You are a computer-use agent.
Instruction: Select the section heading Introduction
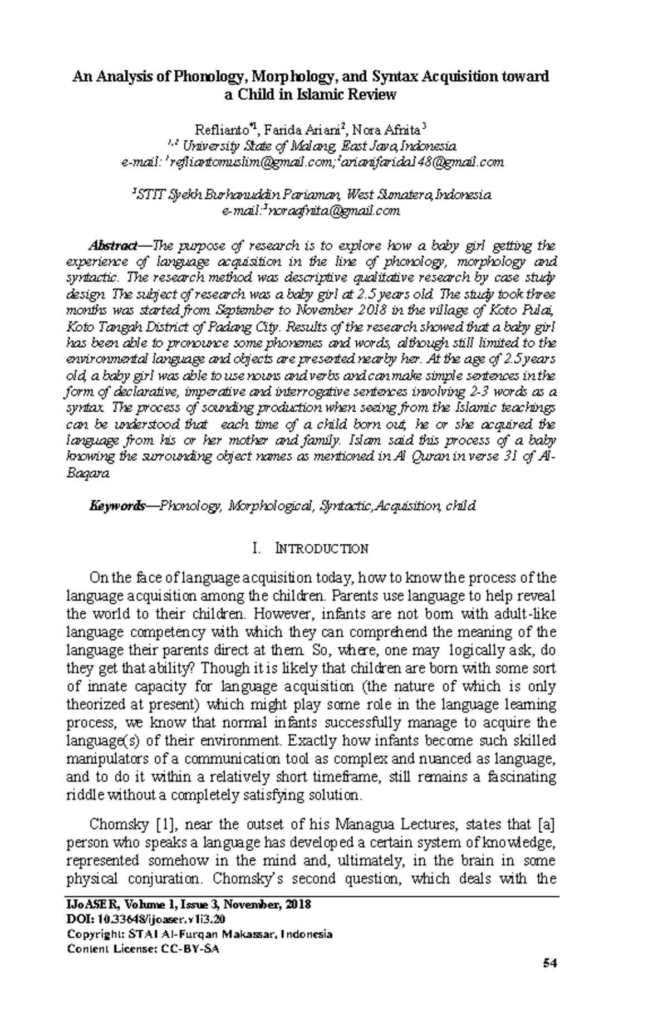(322, 549)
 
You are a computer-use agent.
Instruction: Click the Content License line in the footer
(143, 949)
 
